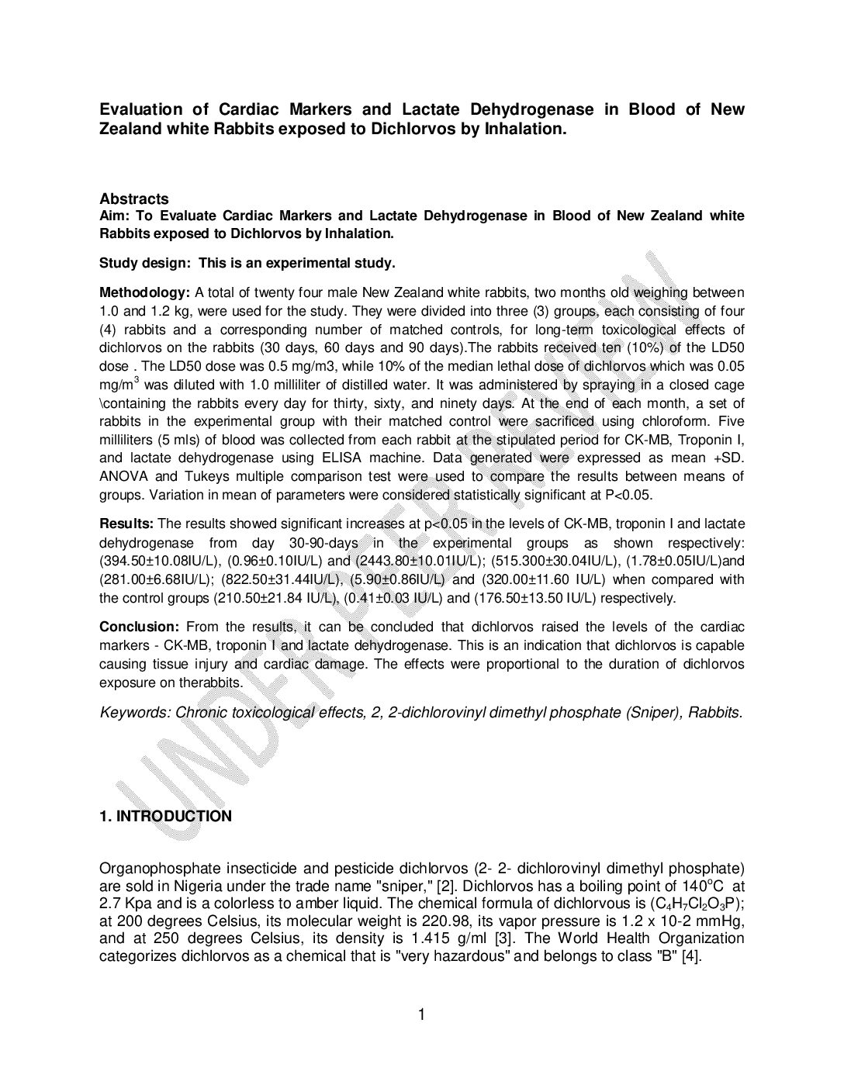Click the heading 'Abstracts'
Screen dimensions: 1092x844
133,199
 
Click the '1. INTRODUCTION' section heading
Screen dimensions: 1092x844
165,816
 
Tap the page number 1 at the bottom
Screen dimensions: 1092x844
422,1014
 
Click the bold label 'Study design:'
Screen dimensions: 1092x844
144,263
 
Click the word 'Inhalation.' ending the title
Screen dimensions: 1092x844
527,130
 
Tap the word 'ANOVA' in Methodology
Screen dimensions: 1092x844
123,476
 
